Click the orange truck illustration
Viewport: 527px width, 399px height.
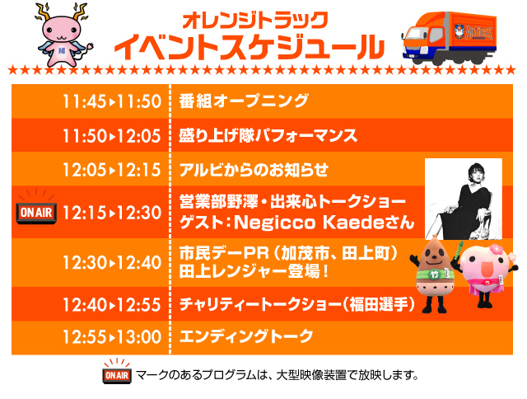450,39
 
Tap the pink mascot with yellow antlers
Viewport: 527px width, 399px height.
63,35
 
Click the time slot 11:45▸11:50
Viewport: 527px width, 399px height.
112,101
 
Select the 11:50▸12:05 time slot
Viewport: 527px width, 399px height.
112,136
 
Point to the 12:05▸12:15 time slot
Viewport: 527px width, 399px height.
112,170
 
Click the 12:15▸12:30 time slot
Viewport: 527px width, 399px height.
112,213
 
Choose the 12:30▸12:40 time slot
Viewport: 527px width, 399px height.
112,262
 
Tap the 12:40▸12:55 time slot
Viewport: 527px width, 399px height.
112,305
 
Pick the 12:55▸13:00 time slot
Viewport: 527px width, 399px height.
112,337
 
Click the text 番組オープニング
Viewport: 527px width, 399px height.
244,101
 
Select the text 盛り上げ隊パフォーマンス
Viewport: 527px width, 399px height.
268,135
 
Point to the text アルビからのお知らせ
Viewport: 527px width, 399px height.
254,170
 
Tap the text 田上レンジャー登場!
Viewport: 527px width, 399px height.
254,271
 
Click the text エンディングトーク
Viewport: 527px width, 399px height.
246,336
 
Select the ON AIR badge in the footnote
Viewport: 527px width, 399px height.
117,372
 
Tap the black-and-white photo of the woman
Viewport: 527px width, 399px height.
464,199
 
